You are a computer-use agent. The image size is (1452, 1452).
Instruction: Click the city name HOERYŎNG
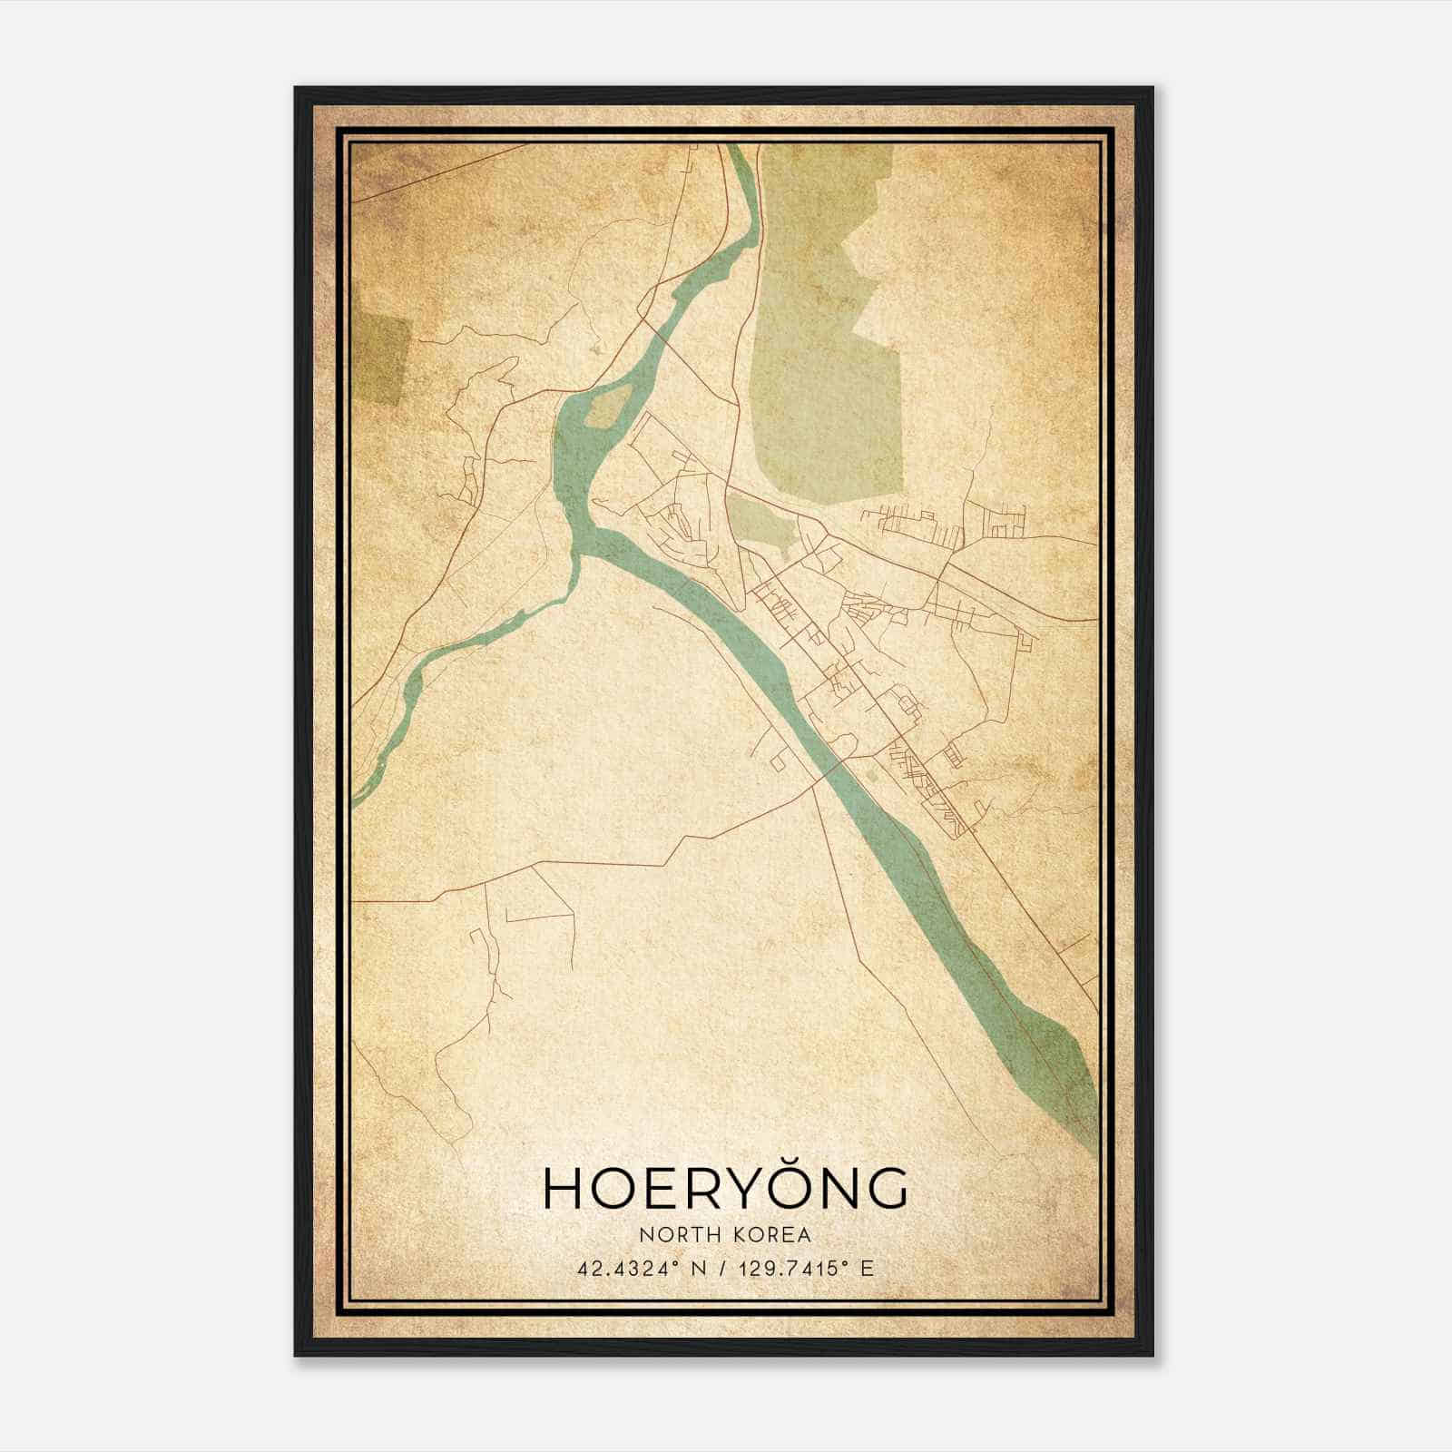[725, 1188]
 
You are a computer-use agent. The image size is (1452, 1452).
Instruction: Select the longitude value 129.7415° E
[801, 1269]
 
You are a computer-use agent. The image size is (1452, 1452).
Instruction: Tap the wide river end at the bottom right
[1062, 1071]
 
